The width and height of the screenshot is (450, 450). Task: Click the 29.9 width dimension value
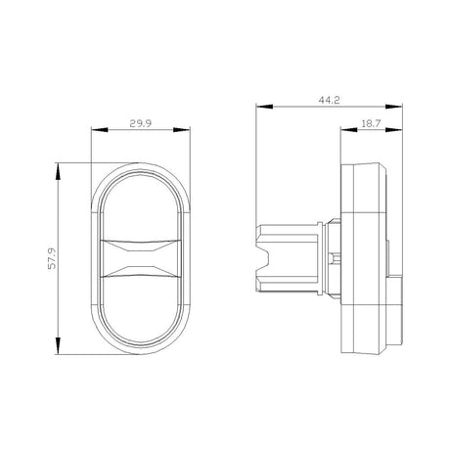[x=141, y=123]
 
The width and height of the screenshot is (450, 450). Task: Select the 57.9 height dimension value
[x=52, y=258]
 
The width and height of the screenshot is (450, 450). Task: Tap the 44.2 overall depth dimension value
[x=329, y=100]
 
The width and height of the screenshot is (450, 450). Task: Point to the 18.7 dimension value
[x=371, y=123]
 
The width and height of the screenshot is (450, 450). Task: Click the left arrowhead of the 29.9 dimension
[x=100, y=130]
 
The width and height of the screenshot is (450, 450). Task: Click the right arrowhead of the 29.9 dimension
[x=182, y=130]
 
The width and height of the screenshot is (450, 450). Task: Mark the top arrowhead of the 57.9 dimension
[x=58, y=171]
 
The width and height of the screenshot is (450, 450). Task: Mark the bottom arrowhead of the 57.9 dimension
[x=58, y=346]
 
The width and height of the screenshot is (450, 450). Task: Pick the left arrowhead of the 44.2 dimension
[x=264, y=107]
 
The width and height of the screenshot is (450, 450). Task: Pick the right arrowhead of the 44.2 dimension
[x=394, y=107]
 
